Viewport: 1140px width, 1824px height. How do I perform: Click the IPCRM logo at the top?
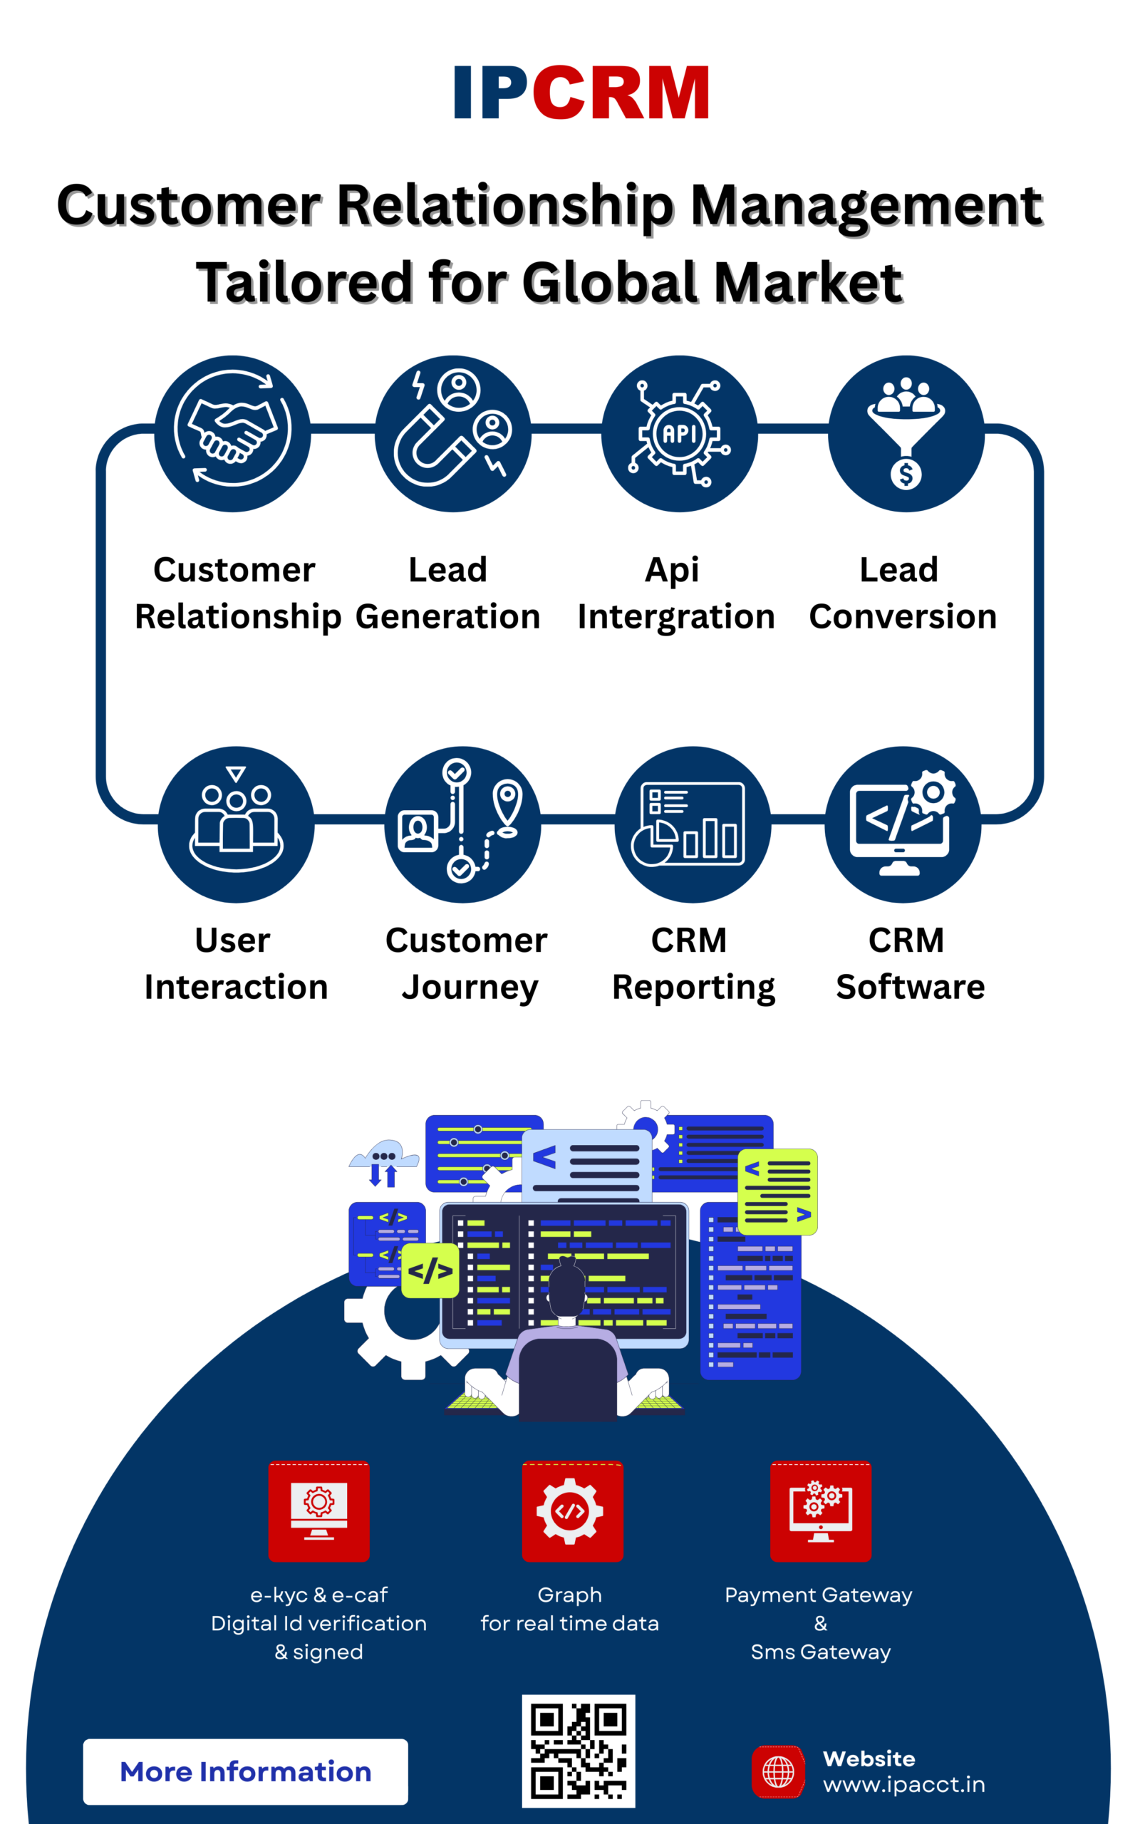(581, 93)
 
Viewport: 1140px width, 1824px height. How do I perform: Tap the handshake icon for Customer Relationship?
(232, 433)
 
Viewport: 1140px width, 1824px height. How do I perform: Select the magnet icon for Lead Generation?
(452, 433)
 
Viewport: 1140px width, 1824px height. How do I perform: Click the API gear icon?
(679, 433)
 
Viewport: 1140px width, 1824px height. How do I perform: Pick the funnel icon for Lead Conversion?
(906, 433)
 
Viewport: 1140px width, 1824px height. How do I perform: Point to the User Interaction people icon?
(236, 824)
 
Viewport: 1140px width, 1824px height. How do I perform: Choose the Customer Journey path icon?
(462, 824)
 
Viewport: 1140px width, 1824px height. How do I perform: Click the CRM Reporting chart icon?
(692, 824)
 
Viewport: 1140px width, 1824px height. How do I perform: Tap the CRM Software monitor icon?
(903, 824)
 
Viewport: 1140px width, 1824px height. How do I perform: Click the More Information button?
(245, 1771)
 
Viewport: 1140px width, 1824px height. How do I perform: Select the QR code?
(579, 1750)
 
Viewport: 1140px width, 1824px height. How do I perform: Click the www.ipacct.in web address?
(904, 1785)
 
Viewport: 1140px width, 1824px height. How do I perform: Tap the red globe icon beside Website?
(778, 1771)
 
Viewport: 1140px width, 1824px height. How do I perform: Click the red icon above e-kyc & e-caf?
(319, 1510)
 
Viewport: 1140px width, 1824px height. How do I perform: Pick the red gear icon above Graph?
(572, 1510)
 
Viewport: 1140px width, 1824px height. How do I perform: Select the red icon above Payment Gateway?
(820, 1510)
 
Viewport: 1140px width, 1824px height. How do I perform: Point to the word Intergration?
(676, 617)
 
